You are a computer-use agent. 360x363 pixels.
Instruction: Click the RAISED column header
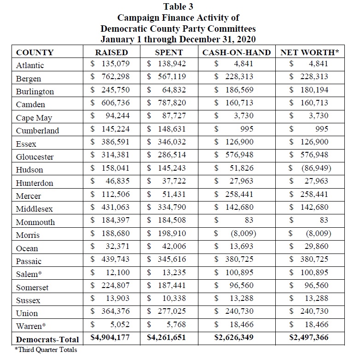[x=111, y=52]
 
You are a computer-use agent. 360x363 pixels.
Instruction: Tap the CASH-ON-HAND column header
[x=237, y=52]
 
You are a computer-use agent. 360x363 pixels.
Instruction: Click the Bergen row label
[x=29, y=79]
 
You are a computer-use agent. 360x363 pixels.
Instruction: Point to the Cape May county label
[x=34, y=118]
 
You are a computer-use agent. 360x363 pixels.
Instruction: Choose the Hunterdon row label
[x=35, y=183]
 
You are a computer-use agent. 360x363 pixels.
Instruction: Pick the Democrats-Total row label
[x=47, y=340]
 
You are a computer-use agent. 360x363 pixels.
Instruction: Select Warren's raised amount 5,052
[x=119, y=325]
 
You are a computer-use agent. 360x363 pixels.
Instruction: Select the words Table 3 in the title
[x=178, y=7]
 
